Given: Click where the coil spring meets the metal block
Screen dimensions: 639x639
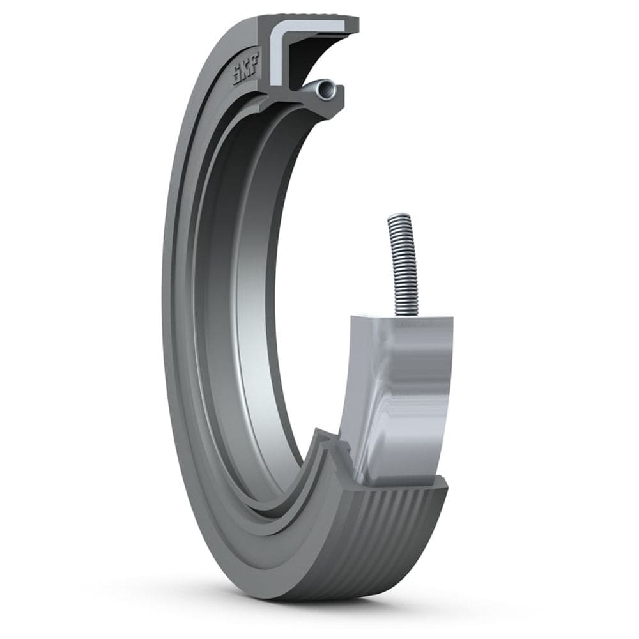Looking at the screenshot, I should click(x=407, y=314).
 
